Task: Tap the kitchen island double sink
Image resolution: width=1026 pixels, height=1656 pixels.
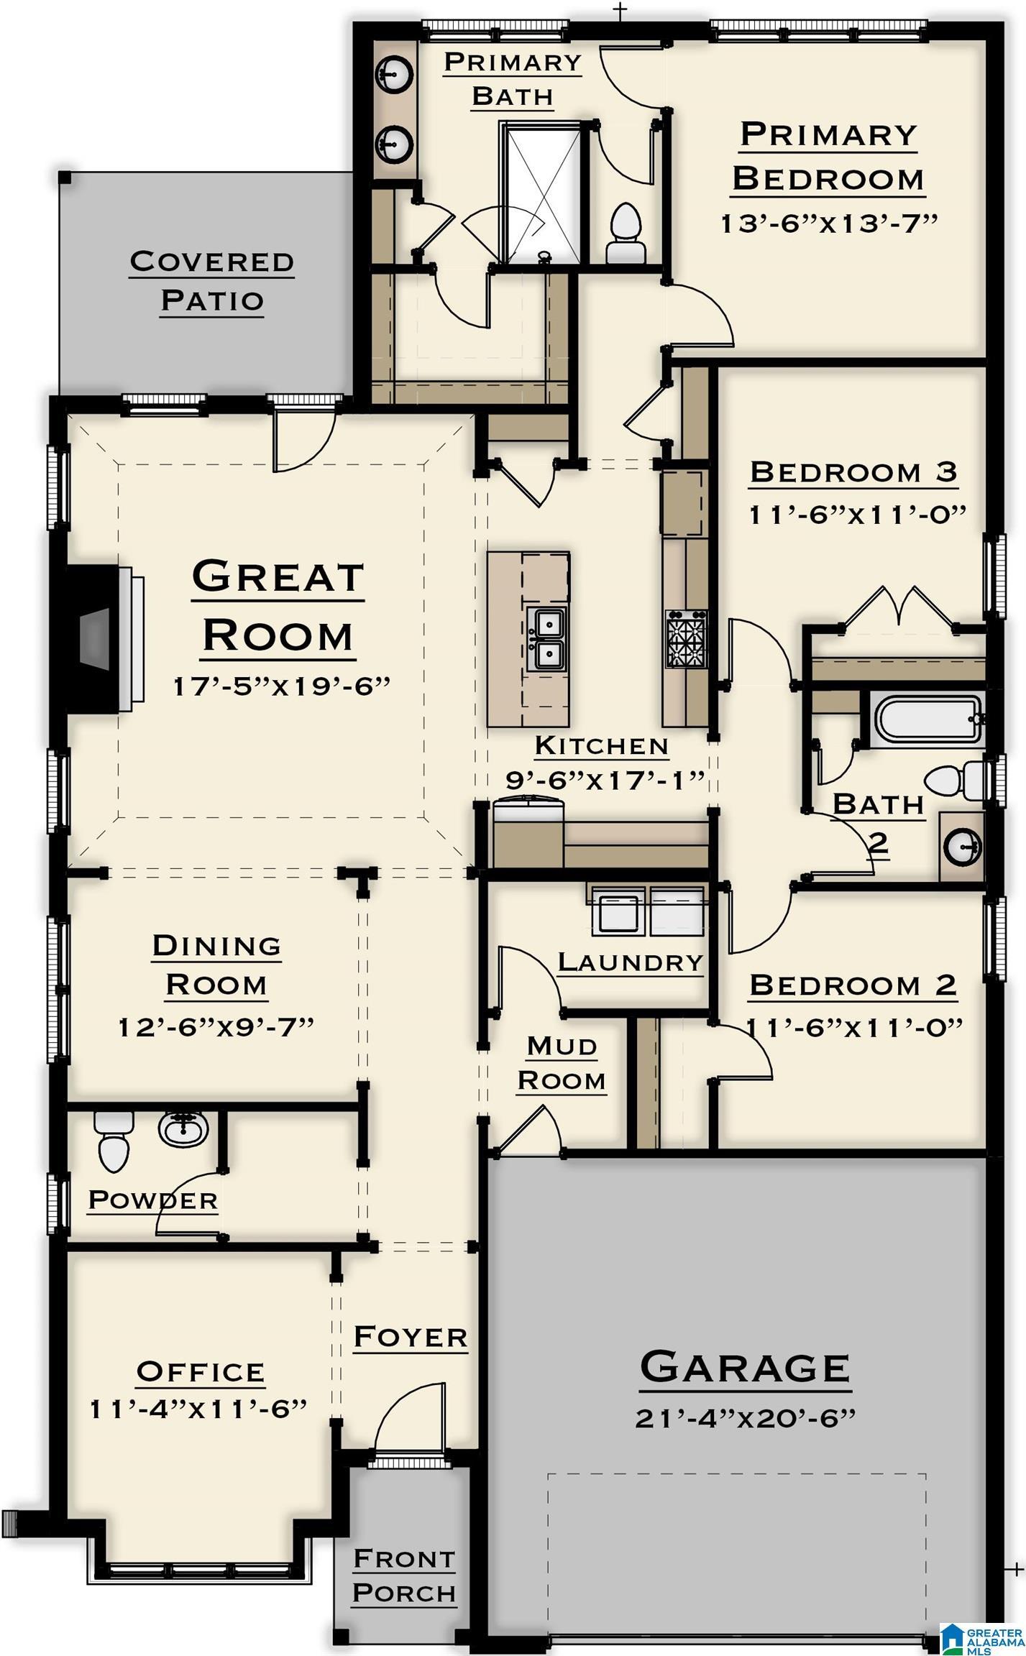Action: pos(546,638)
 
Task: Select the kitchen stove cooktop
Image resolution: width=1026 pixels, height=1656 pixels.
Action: pos(687,639)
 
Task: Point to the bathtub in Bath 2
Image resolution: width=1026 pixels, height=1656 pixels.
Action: pos(928,719)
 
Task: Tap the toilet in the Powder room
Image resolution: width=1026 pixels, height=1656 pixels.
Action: pos(114,1141)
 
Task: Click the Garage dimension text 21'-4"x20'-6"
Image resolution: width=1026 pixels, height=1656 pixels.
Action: pos(746,1418)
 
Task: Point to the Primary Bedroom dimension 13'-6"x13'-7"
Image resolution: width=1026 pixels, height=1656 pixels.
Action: pos(830,223)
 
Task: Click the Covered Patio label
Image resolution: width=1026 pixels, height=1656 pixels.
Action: pos(212,280)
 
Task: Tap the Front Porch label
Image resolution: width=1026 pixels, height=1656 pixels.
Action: pos(404,1575)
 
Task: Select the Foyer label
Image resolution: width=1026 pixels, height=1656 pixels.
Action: pos(411,1337)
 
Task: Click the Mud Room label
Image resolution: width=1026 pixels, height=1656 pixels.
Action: pos(562,1064)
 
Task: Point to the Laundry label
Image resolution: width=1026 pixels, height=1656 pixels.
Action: pos(631,962)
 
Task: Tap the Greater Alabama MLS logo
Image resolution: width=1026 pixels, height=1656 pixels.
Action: pos(981,1636)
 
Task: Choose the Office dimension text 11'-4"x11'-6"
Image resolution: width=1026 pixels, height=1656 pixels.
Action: pos(198,1409)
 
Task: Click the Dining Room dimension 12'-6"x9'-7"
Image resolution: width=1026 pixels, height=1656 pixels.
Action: pos(216,1027)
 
